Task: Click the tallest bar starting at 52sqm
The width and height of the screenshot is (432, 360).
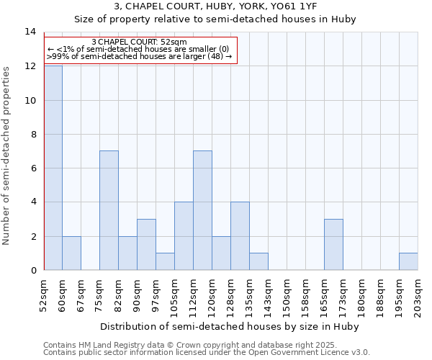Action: [53, 168]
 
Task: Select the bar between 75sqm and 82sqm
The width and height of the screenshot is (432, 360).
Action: [109, 210]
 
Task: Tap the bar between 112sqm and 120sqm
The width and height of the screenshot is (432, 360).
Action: [202, 210]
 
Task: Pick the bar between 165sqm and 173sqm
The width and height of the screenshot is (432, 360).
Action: [333, 244]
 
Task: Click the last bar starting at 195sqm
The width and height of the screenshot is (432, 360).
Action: [408, 261]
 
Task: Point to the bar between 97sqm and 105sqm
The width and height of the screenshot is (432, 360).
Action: [165, 261]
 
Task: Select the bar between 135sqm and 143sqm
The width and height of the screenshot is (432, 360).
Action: [258, 261]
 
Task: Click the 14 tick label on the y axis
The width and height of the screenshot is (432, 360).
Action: [30, 32]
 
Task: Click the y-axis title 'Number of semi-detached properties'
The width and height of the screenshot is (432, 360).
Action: [7, 156]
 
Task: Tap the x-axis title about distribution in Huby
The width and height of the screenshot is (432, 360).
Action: [229, 326]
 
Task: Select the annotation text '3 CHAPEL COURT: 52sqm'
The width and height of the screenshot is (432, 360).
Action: [140, 42]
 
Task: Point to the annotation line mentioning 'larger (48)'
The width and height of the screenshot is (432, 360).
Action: [140, 56]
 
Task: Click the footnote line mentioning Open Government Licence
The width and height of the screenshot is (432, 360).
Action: [207, 352]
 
